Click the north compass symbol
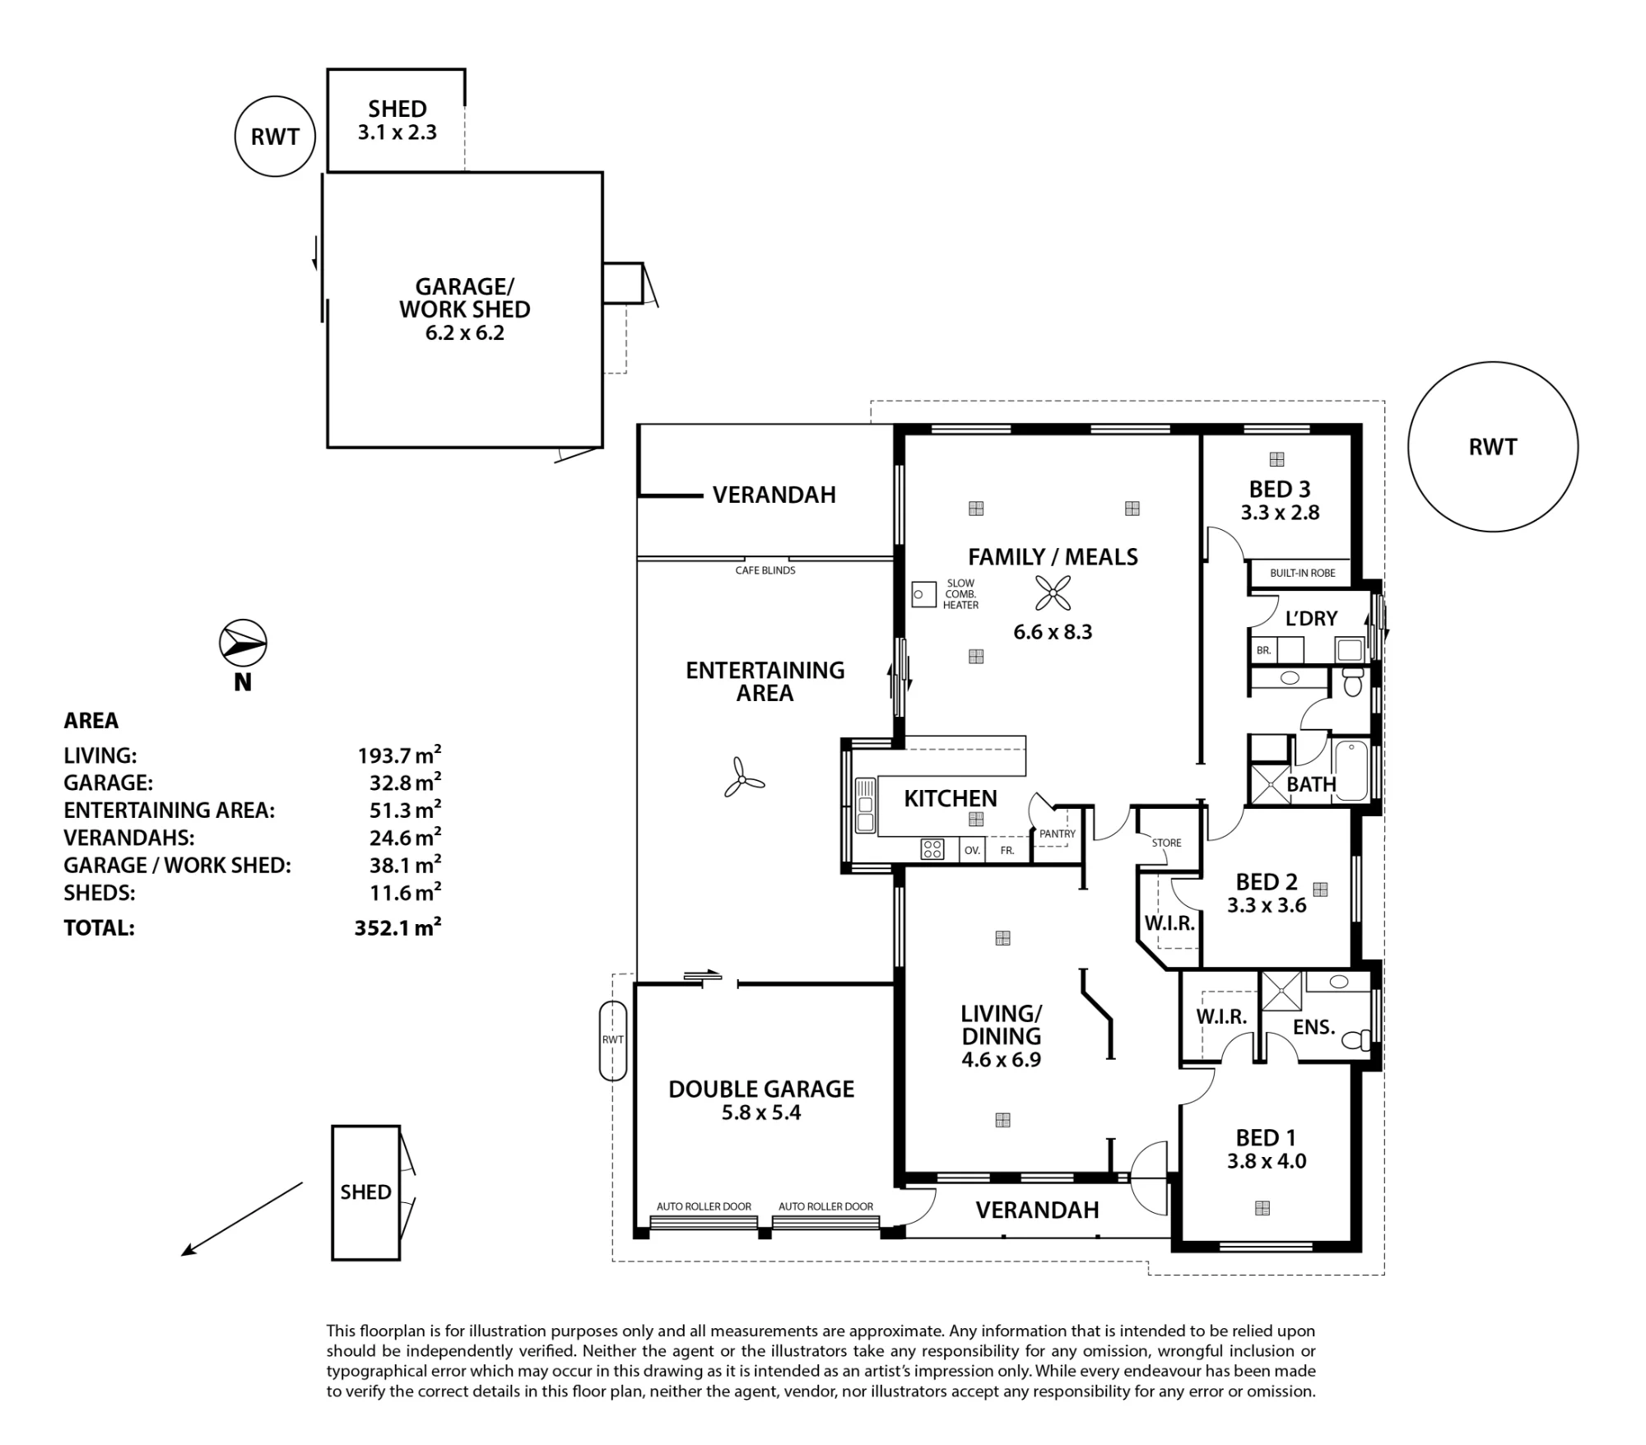(243, 643)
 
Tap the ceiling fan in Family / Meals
(1053, 592)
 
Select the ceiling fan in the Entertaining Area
(743, 778)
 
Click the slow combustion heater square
(924, 594)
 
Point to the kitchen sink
(865, 805)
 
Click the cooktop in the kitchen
(932, 848)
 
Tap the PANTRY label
(1058, 834)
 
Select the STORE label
(1166, 843)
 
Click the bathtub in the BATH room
(1351, 770)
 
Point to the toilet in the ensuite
(1356, 1040)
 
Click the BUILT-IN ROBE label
(1303, 573)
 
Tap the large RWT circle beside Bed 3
(1493, 447)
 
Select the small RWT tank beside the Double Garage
(613, 1040)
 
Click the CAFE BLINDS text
(765, 570)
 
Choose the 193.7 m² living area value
(399, 755)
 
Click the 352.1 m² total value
(398, 927)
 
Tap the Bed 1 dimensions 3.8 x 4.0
(1267, 1161)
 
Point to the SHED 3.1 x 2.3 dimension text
(398, 132)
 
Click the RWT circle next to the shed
(275, 137)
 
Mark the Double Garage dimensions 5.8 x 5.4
(761, 1113)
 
